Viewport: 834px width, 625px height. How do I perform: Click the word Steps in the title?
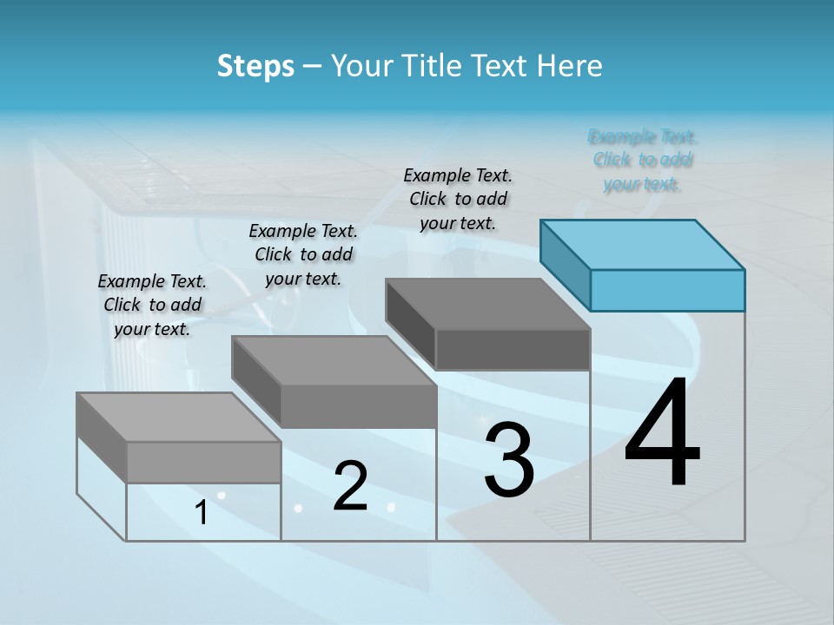coord(255,66)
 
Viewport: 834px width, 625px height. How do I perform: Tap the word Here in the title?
coord(570,66)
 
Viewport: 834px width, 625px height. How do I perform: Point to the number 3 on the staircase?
coord(509,461)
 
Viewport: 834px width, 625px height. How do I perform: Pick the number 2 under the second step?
coord(350,486)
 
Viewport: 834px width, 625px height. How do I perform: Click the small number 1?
coord(202,513)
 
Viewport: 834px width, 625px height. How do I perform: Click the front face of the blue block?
coord(667,290)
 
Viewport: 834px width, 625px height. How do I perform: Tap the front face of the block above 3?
coord(513,349)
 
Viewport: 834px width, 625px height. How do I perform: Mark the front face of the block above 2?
coord(358,406)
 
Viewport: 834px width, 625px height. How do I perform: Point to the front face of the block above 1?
coord(203,462)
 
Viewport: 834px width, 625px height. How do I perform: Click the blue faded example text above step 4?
coord(643,160)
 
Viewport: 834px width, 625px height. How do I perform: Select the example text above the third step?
coord(458,199)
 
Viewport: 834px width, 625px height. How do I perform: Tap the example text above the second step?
coord(303,254)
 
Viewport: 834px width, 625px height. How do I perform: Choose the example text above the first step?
coord(152,305)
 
